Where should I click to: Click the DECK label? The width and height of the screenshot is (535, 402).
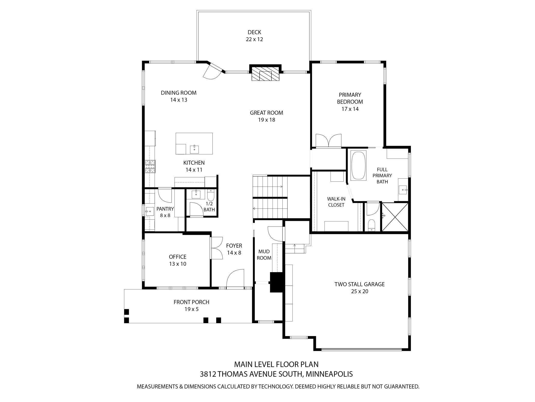point(254,32)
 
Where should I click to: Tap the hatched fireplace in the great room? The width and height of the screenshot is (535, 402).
point(265,74)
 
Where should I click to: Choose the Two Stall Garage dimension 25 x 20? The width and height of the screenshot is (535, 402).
point(359,291)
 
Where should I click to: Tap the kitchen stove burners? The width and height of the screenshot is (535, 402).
point(150,166)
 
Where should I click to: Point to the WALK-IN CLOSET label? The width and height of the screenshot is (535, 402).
point(336,202)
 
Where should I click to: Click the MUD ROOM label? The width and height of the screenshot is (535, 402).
point(264,254)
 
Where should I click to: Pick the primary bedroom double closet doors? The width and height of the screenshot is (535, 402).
point(328,141)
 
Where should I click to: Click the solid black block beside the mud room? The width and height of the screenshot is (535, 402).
point(276,282)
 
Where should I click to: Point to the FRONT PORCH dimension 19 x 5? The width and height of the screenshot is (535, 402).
point(191,309)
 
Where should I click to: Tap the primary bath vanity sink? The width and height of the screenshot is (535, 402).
point(403,190)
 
